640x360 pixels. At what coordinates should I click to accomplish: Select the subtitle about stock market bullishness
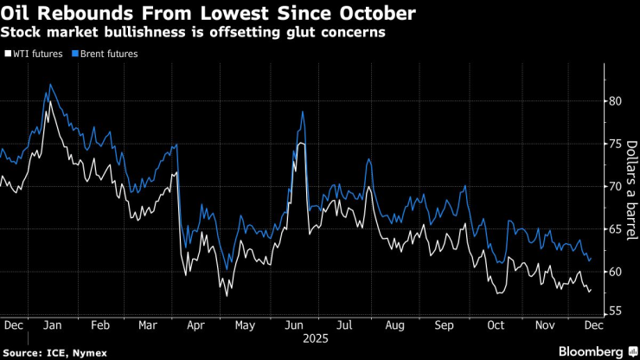click(x=193, y=32)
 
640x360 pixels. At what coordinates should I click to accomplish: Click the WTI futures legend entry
click(x=35, y=54)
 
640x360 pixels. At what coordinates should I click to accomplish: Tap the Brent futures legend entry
click(x=105, y=54)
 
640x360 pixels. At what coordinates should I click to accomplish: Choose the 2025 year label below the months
click(x=308, y=340)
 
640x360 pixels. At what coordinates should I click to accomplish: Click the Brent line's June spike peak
click(x=303, y=112)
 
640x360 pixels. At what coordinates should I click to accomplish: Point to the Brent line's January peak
click(x=51, y=84)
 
